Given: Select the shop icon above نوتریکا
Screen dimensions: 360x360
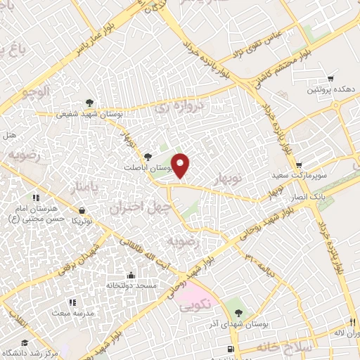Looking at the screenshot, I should [83, 210].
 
